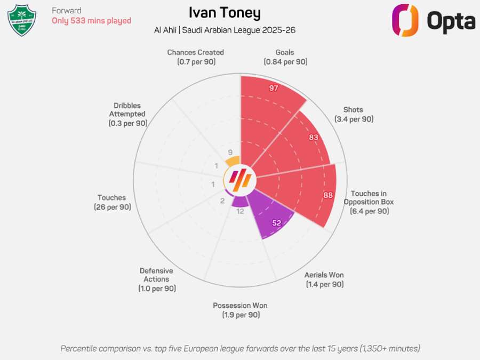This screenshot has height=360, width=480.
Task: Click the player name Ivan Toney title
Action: point(225,13)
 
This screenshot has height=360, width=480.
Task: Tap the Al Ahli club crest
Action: point(21,20)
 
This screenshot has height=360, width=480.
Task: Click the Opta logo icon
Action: point(405,20)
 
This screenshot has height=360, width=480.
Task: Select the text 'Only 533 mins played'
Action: point(91,21)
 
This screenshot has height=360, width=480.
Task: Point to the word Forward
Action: point(67,11)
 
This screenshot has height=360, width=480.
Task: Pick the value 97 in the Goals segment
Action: point(274,88)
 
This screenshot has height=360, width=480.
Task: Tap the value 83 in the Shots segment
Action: point(313,137)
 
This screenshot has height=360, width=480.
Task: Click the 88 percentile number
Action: point(327,195)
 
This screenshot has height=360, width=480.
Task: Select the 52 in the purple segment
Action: point(276,223)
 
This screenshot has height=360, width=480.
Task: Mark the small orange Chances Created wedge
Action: point(233,161)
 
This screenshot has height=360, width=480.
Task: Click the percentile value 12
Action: point(240,211)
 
